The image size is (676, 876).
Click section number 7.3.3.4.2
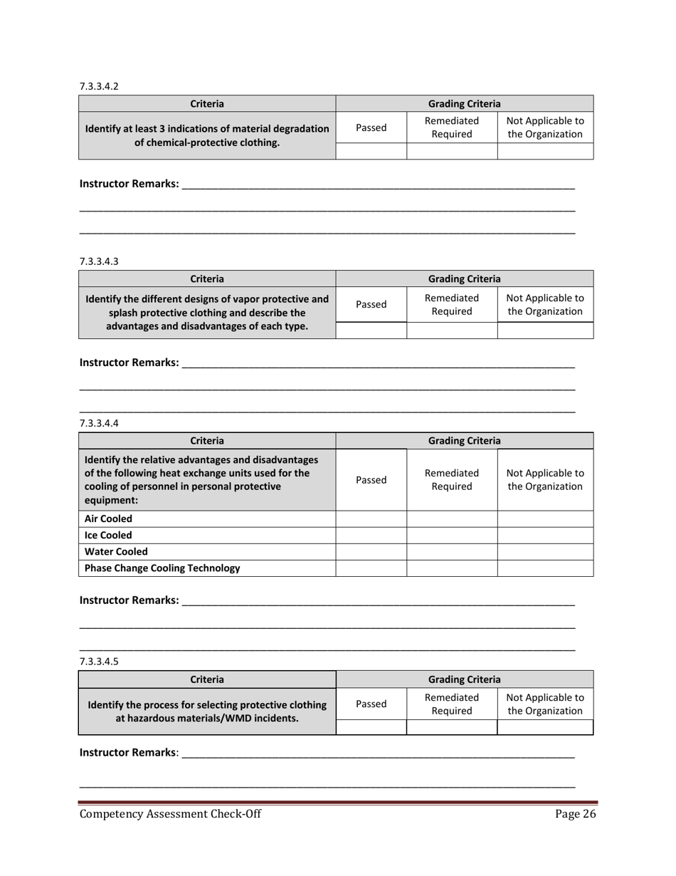[x=99, y=86]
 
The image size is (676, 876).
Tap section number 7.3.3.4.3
[x=99, y=261]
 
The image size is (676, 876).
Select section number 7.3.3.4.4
[x=99, y=423]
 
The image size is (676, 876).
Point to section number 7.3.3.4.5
[x=99, y=661]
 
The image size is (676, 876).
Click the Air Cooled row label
[x=108, y=519]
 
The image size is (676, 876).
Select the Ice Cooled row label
[x=108, y=535]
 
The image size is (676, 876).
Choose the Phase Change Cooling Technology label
[x=162, y=568]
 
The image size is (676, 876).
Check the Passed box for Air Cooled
[x=371, y=519]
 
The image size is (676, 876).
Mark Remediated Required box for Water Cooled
[x=451, y=551]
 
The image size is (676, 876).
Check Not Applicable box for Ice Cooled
[x=545, y=535]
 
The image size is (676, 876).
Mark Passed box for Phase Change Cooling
[x=371, y=568]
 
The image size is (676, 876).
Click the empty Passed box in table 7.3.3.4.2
[x=371, y=150]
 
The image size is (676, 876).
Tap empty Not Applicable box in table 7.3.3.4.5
[x=545, y=726]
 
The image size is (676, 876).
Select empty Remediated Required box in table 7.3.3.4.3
[x=451, y=330]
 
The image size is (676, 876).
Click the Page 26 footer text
[x=575, y=815]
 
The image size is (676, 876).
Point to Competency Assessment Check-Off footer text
[x=170, y=815]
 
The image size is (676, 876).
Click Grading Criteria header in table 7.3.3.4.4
[x=464, y=441]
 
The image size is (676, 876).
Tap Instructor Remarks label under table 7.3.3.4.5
[x=129, y=752]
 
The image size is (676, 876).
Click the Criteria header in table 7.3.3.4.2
[x=207, y=104]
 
